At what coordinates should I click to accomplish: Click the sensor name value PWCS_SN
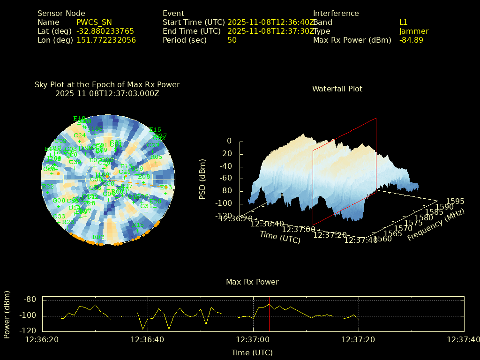point(94,22)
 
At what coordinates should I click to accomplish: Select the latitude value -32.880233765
point(105,31)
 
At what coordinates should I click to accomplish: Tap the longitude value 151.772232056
point(106,40)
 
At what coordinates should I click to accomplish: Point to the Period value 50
point(232,40)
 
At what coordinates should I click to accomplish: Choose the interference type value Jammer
point(414,31)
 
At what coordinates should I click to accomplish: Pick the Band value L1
point(404,22)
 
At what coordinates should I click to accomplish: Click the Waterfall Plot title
point(337,89)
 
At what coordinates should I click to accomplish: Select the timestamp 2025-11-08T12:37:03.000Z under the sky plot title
point(107,93)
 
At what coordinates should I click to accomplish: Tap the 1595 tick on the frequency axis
point(456,201)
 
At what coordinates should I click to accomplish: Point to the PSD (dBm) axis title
point(202,173)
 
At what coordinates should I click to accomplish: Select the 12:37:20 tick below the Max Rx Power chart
point(358,339)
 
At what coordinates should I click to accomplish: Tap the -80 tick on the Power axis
point(30,300)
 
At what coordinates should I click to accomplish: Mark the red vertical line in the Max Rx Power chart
point(270,314)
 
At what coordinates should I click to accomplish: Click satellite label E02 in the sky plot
point(98,237)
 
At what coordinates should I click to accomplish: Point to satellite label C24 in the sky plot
point(79,135)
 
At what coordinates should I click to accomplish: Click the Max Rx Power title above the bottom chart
point(252,282)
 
